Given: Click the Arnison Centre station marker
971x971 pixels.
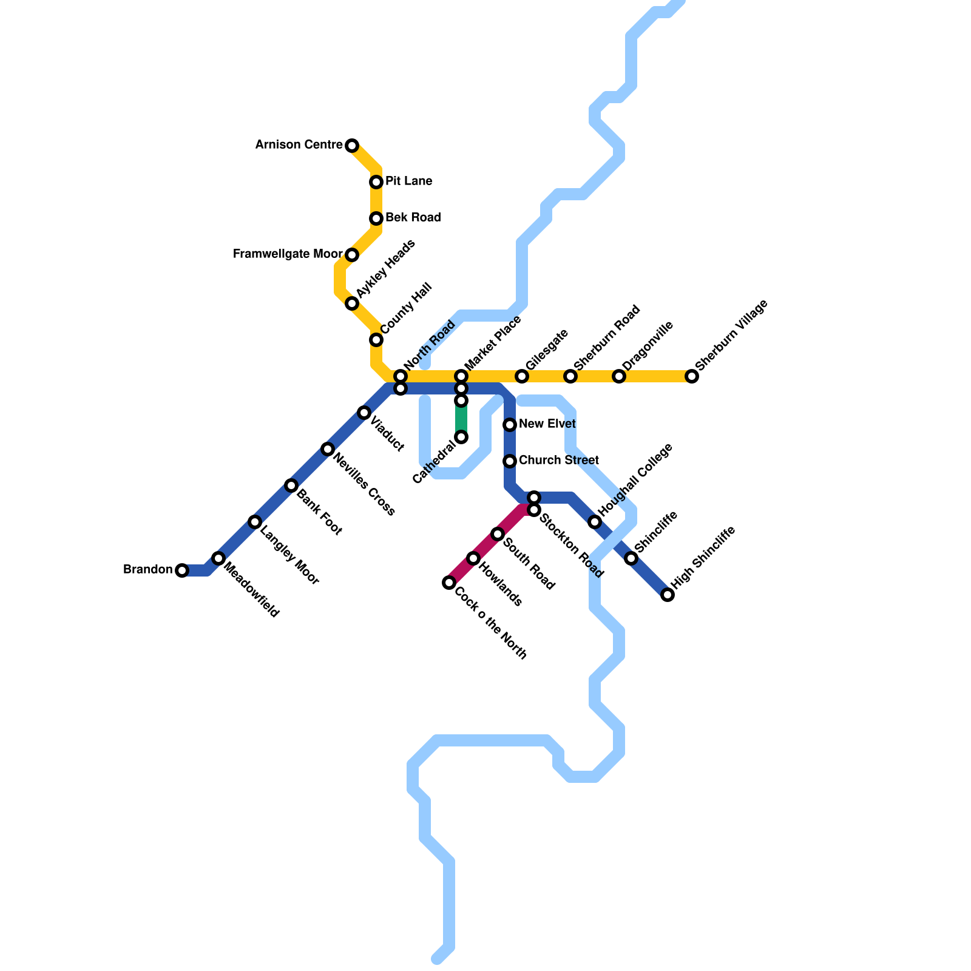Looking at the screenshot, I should [x=352, y=146].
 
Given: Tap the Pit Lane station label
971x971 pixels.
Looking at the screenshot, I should [x=408, y=181].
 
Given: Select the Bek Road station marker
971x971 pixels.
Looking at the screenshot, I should [x=376, y=218].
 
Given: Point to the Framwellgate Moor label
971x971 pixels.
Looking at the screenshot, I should [x=288, y=254].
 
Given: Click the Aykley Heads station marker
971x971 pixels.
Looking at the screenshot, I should [x=352, y=303].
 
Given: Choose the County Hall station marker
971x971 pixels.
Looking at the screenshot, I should [x=376, y=340].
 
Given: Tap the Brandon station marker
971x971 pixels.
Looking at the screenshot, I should [x=182, y=570].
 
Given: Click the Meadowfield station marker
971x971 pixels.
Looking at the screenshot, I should [x=218, y=558].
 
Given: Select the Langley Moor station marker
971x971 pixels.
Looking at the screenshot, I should [x=255, y=522].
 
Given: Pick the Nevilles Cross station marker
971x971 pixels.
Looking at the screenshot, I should [x=328, y=449].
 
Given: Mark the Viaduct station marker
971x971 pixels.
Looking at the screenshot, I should [x=364, y=413].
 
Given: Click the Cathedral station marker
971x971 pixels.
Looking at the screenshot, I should [x=461, y=437].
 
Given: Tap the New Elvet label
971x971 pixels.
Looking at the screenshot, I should [x=547, y=424].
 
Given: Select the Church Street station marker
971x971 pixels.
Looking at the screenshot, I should [x=510, y=461].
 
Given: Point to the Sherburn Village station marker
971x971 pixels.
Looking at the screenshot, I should [x=692, y=376].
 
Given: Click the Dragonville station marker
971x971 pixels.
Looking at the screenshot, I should [x=619, y=376].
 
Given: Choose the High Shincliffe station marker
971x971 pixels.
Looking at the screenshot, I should [x=668, y=595].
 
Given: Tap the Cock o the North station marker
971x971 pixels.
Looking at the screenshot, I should [x=449, y=583].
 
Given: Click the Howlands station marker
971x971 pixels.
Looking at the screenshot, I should [x=473, y=558].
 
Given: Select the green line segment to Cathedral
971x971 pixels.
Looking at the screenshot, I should [x=461, y=419].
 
